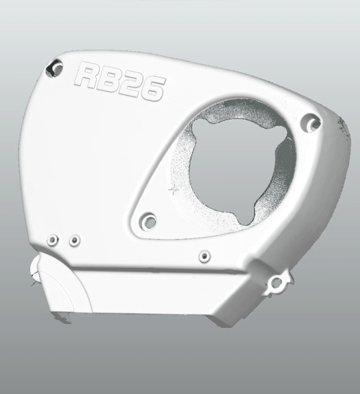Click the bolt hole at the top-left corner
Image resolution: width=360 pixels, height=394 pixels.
pos(54,68)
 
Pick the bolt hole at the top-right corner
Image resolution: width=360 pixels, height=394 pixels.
pos(311,123)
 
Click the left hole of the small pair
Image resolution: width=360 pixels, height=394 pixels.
pos(53,240)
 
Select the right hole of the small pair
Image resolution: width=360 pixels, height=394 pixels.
pos(75,240)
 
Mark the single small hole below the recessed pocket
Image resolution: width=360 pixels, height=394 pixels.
pos(205,256)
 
